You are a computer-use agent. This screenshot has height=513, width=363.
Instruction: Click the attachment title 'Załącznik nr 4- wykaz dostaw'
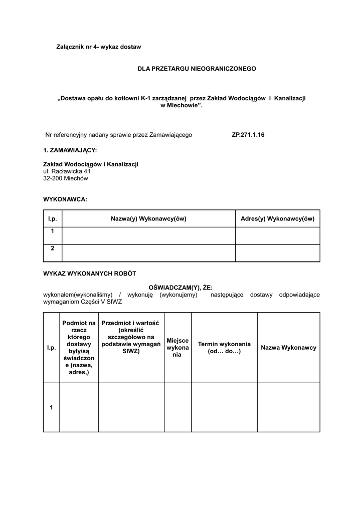pos(98,47)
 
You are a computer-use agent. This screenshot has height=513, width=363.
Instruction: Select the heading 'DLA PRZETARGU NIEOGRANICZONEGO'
pos(197,68)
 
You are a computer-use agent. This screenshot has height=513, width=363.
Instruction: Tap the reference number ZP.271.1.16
pos(248,135)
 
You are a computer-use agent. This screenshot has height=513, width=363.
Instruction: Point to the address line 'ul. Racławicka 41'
pos(67,171)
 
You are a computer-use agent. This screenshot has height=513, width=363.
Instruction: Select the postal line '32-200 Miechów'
pos(66,178)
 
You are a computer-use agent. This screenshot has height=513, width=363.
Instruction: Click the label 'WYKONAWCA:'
pos(65,199)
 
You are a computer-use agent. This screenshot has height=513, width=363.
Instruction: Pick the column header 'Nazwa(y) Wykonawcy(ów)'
pos(148,219)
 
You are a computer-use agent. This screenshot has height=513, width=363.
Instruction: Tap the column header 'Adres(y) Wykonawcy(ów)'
pos(277,219)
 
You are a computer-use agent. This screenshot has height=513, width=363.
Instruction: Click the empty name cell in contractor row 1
pos(148,236)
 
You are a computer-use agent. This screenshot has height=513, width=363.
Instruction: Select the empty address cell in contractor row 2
pos(277,253)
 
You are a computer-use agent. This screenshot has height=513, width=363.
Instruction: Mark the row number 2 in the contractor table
pos(53,248)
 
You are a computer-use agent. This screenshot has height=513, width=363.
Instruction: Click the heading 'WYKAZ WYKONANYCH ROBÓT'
pos(90,274)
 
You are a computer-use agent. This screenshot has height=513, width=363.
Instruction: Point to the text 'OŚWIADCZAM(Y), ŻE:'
pos(181,288)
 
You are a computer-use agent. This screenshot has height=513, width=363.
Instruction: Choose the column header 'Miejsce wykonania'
pos(177,347)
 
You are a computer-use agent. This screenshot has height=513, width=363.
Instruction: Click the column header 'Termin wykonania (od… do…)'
pos(224,348)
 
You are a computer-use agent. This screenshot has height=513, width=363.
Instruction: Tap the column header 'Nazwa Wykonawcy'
pos(288,348)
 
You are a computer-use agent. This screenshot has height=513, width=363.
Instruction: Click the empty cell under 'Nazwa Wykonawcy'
pos(288,407)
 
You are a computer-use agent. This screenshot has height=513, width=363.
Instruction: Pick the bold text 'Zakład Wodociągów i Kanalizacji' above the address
pos(91,164)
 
